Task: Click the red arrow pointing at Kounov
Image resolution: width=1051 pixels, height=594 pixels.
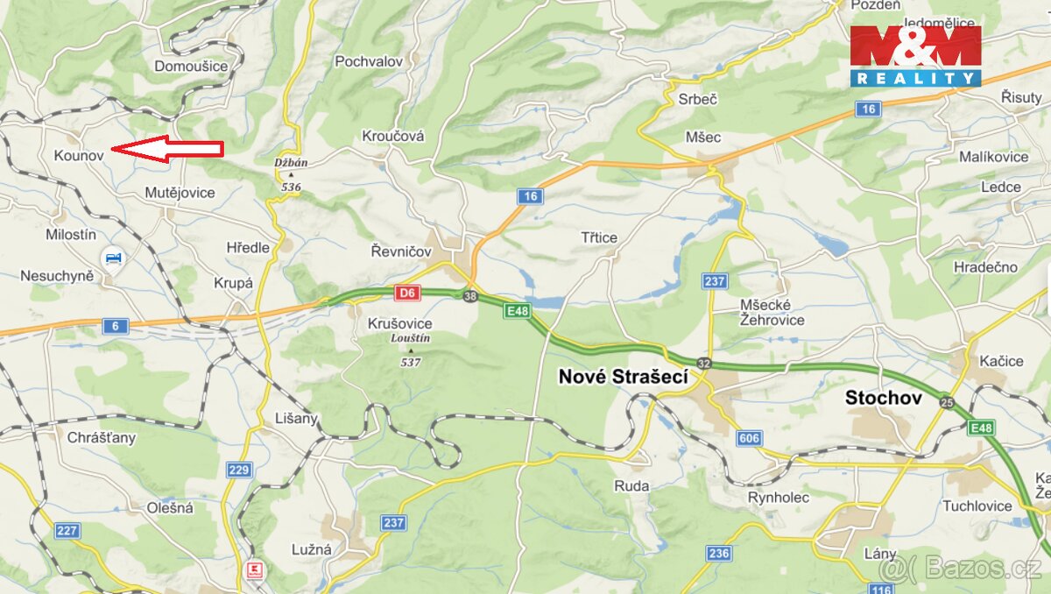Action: pos(168,150)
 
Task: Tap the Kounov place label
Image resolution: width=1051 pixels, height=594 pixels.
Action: pos(79,155)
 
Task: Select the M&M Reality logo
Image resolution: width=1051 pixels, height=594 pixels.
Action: pos(915,56)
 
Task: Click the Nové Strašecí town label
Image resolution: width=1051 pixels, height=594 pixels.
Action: pos(623,377)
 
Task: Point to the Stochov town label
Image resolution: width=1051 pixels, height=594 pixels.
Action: pos(884,398)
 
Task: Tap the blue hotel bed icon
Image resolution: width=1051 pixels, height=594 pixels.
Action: pos(112,258)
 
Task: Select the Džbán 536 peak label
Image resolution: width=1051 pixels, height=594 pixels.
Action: pos(291,174)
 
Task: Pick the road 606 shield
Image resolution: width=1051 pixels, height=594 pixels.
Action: pos(749,438)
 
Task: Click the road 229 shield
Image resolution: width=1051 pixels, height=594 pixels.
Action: pos(239,470)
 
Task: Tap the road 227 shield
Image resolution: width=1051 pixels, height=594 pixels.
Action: pos(67,531)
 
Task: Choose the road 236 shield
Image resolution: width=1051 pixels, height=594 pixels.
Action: pos(719,553)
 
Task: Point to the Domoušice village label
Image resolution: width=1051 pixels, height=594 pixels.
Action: pos(191,66)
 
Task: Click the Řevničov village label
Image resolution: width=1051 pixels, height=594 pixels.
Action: pos(401,251)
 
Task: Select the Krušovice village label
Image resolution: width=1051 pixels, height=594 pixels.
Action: pos(399,323)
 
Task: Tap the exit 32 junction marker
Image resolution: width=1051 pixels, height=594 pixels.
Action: pos(704,362)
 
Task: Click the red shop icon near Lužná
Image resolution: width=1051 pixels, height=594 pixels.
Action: pos(255,569)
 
